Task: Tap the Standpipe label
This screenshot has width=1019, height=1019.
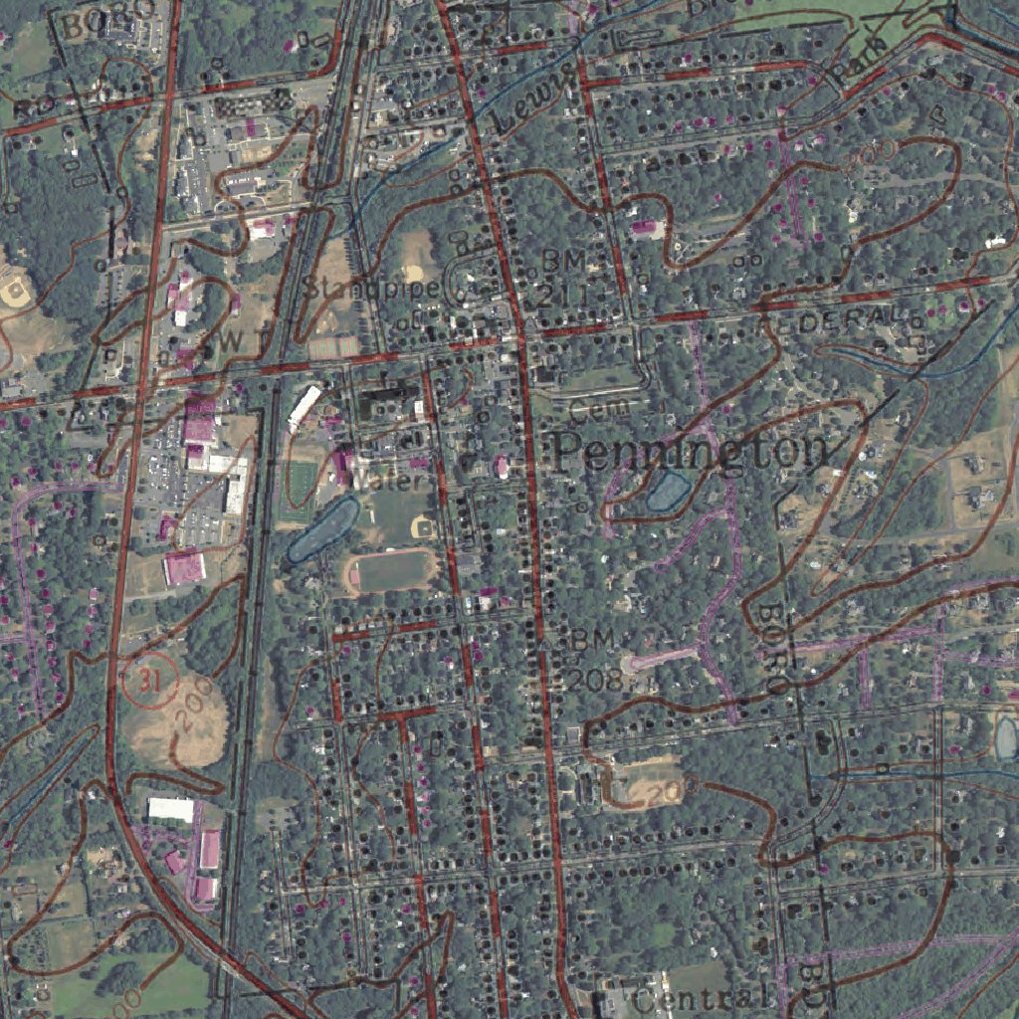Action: coord(370,290)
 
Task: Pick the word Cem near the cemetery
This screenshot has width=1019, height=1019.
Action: coord(600,408)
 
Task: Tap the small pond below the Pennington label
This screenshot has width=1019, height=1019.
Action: coord(667,492)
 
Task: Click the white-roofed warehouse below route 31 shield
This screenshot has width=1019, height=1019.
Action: coord(170,809)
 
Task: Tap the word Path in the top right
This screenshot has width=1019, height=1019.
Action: coord(852,66)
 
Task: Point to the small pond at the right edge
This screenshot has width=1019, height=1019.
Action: coord(1006,737)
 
